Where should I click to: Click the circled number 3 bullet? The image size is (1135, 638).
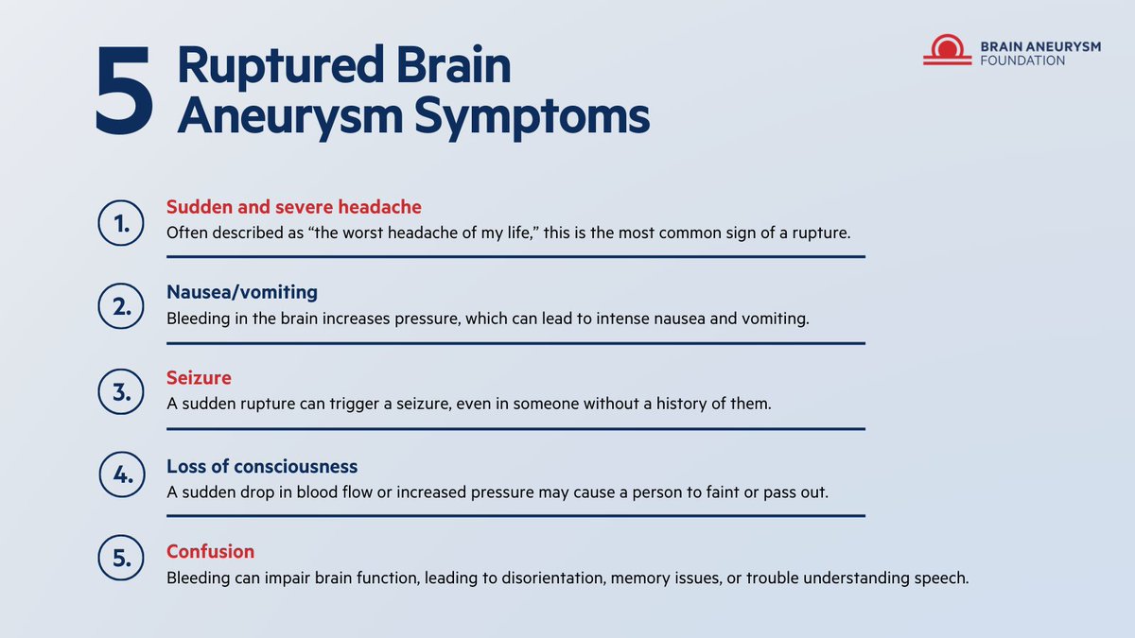pos(121,392)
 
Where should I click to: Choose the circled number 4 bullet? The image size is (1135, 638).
pos(121,478)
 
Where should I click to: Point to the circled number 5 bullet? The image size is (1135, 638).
pos(121,560)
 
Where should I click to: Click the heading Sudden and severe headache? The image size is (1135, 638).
pos(294,206)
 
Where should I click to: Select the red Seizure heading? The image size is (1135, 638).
pos(199,378)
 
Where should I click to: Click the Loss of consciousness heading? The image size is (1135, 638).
pos(262,466)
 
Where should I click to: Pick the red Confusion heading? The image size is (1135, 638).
pos(210,551)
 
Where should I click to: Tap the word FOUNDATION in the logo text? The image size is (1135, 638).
pos(1021,60)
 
